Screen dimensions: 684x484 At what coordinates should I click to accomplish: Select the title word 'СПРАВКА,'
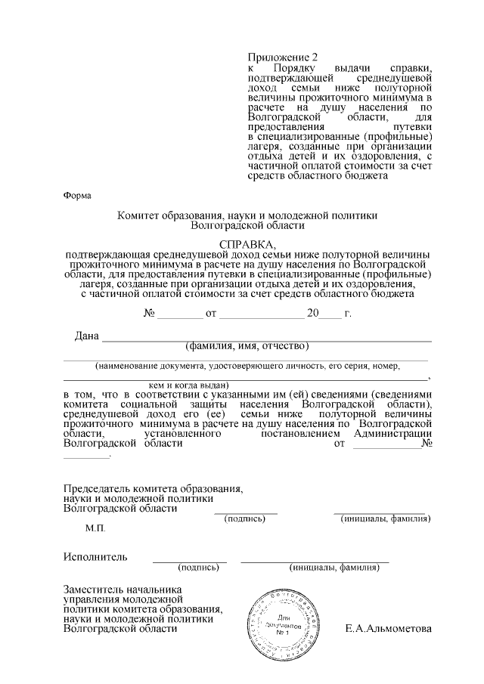coord(247,245)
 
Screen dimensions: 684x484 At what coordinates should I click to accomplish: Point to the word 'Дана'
coord(86,336)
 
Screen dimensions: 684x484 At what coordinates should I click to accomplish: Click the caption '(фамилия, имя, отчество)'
coord(247,347)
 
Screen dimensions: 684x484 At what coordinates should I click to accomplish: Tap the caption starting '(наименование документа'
coord(247,366)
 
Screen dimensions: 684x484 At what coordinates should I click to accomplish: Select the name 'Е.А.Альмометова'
coord(387,629)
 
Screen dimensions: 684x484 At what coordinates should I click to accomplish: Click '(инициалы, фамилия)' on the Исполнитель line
coord(334,567)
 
